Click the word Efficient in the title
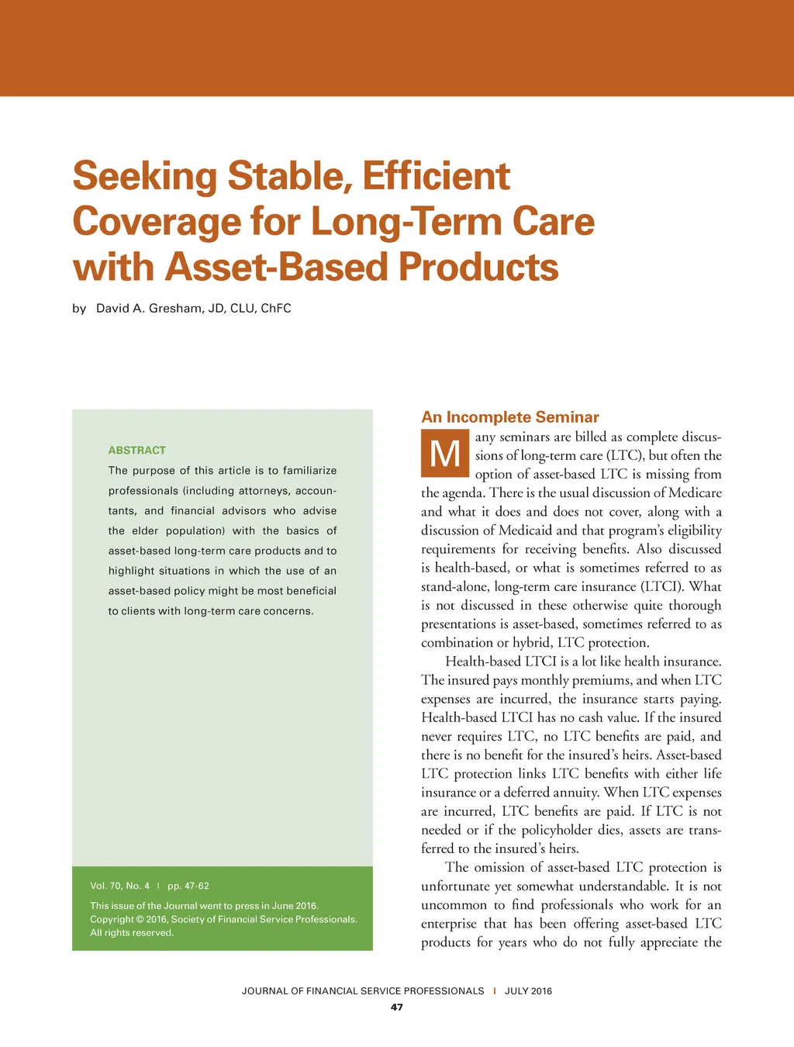(436, 176)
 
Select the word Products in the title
(478, 268)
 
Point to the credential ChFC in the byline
(276, 308)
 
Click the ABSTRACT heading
(137, 450)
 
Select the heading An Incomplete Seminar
(510, 417)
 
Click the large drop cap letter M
(445, 453)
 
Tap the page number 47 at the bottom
(397, 1007)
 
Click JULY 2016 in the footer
(528, 990)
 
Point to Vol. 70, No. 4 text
(120, 886)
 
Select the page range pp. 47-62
(188, 886)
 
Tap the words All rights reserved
(132, 933)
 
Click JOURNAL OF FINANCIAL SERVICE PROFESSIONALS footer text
(363, 990)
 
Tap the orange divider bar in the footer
(495, 990)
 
